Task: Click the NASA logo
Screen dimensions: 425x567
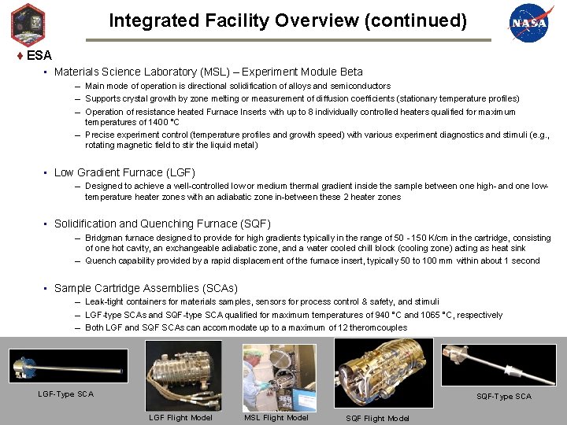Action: pos(528,23)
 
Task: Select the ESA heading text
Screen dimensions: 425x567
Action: pos(39,55)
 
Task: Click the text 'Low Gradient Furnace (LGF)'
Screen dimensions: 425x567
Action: pos(124,172)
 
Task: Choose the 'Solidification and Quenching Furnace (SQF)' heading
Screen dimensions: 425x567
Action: pos(162,224)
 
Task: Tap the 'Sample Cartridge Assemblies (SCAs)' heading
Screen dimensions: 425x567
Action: pos(146,288)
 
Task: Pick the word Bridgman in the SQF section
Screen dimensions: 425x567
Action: pos(102,238)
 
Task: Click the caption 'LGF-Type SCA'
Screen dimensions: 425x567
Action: pos(65,394)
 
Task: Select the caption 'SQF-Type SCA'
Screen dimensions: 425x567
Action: pos(503,396)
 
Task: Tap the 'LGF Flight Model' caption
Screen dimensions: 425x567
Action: pos(180,417)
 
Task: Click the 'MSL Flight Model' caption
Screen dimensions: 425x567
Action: pos(276,417)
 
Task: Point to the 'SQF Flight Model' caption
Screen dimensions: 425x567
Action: pos(377,418)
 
